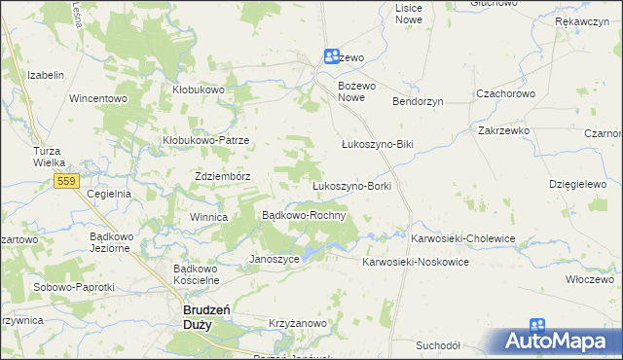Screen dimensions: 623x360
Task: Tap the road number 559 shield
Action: pyautogui.click(x=67, y=181)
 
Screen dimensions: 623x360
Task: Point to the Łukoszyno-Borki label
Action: pyautogui.click(x=350, y=185)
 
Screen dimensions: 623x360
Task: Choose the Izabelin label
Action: pyautogui.click(x=46, y=75)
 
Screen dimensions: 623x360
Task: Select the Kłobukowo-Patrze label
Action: pyautogui.click(x=206, y=140)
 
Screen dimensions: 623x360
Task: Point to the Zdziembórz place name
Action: pyautogui.click(x=224, y=176)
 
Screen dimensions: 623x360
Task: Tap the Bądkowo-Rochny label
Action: pyautogui.click(x=305, y=215)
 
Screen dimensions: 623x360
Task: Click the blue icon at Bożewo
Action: pyautogui.click(x=332, y=57)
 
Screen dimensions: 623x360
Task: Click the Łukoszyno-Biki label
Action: pyautogui.click(x=378, y=144)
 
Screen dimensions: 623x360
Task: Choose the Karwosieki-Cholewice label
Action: pyautogui.click(x=462, y=238)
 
